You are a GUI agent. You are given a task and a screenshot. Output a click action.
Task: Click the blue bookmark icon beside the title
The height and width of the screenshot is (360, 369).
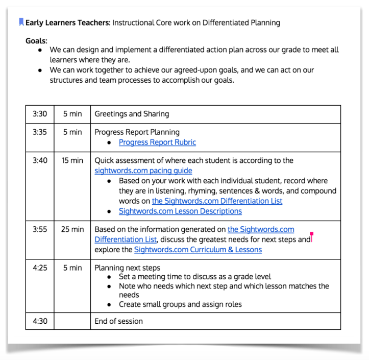click(x=21, y=22)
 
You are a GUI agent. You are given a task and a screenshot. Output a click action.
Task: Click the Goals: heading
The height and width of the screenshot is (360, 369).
click(x=36, y=40)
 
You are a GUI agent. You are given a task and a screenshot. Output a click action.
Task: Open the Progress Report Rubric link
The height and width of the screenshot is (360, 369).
click(x=157, y=142)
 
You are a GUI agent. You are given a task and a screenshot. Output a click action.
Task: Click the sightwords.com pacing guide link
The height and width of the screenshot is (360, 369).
click(x=143, y=171)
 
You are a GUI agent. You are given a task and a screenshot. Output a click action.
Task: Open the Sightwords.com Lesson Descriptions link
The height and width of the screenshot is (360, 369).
click(x=180, y=211)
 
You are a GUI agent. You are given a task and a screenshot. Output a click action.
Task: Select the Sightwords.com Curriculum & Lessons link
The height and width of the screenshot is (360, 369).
click(x=198, y=250)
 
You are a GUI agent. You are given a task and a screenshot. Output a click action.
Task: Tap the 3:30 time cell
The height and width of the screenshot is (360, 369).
click(x=39, y=114)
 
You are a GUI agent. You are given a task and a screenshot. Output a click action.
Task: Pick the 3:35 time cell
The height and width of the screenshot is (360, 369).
click(x=39, y=132)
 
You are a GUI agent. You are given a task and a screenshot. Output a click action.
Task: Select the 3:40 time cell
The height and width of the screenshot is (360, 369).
click(x=39, y=160)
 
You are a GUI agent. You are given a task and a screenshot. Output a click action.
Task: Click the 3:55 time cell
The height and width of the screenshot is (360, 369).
click(x=39, y=229)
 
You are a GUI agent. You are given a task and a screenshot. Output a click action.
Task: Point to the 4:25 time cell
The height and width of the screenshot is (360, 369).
click(x=39, y=268)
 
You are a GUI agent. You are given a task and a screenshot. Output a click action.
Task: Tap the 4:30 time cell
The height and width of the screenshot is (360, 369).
click(x=39, y=321)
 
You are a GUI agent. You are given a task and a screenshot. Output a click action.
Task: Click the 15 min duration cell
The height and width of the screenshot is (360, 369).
click(x=72, y=160)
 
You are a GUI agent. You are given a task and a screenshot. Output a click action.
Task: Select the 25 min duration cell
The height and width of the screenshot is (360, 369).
click(x=72, y=229)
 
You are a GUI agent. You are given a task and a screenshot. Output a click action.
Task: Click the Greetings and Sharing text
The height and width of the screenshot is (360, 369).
click(x=132, y=114)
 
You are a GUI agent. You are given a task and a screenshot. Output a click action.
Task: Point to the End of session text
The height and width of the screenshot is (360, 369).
click(x=119, y=321)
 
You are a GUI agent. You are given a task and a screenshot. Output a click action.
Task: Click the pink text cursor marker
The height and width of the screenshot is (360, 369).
click(x=311, y=237)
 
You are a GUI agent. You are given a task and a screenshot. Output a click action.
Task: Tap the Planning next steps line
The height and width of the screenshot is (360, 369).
click(x=127, y=268)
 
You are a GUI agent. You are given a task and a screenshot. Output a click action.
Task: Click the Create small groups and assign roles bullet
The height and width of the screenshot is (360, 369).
click(x=180, y=304)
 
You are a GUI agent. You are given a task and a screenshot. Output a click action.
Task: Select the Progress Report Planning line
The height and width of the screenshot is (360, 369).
click(x=137, y=132)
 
